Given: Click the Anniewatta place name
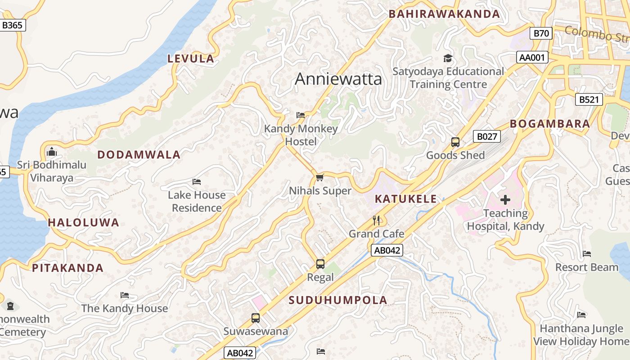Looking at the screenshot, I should click(x=338, y=79).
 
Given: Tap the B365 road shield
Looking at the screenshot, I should click(x=12, y=25).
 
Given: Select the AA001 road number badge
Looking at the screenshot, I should click(x=532, y=57).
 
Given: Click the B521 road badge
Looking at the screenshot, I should click(x=589, y=99).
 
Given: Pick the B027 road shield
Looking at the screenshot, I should click(x=486, y=136).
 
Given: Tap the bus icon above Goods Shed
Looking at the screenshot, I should click(x=455, y=142).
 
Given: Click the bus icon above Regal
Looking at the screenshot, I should click(x=320, y=264).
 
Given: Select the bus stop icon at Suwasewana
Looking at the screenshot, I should click(x=256, y=318).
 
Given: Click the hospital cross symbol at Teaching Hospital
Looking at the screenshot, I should click(x=505, y=200).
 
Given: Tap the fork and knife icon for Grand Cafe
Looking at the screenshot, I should click(x=377, y=220).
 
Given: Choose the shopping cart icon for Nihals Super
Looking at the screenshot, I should click(x=319, y=177).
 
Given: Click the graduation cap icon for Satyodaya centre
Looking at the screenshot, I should click(x=448, y=58).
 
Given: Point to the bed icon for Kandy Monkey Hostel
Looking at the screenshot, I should click(x=301, y=115).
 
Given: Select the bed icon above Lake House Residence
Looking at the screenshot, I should click(x=197, y=182).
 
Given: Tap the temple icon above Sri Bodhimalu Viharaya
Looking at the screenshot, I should click(x=52, y=152).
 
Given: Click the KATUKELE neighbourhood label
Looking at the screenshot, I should click(x=406, y=199).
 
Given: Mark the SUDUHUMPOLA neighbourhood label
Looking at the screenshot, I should click(x=338, y=300).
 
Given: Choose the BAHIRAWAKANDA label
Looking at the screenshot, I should click(x=444, y=14).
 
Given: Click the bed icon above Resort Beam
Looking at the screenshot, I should click(x=586, y=254).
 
